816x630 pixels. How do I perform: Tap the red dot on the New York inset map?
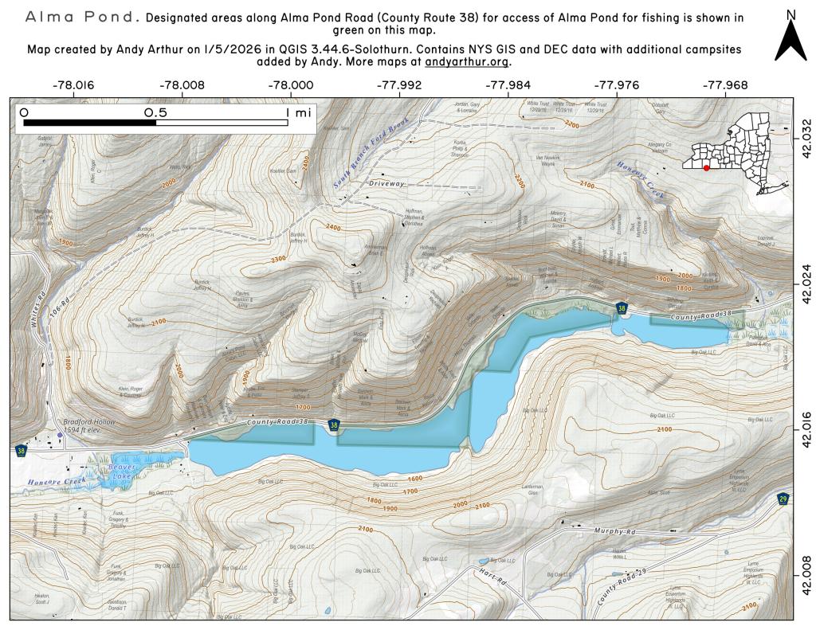pos(706,168)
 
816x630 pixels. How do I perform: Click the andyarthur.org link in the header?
pos(467,62)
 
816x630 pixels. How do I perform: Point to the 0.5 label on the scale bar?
pos(156,112)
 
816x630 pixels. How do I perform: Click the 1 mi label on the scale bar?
pos(299,112)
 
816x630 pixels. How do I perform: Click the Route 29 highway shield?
pos(784,499)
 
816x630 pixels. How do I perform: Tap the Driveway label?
pos(387,183)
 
